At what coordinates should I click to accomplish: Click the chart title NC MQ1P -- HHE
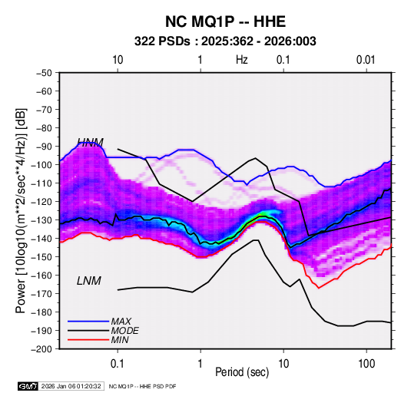coord(225,21)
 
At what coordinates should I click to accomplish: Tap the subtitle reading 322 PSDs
coord(162,41)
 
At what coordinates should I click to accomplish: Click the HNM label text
coord(90,142)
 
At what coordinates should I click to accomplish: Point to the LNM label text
coord(89,281)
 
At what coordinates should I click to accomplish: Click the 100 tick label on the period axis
coord(366,364)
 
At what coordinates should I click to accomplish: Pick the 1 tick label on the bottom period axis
coord(201,364)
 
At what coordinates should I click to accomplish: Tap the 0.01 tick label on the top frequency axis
coord(366,60)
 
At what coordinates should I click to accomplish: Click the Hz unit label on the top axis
coord(242,60)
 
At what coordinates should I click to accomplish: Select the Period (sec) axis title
coord(242,372)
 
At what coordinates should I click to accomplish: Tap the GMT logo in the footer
coord(28,386)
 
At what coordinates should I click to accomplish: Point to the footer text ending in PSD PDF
coord(142,386)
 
